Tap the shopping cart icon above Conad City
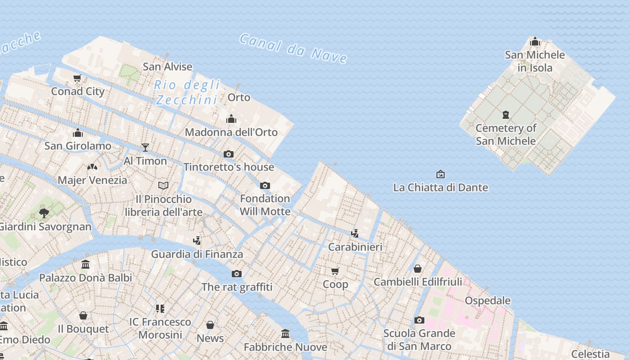pos(77,78)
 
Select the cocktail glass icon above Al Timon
pos(145,147)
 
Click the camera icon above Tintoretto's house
pos(229,154)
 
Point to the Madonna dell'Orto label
pos(231,132)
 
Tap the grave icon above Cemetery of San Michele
pos(506,115)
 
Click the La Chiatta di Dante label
pos(441,187)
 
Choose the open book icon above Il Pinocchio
pos(163,185)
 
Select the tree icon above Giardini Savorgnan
pos(44,213)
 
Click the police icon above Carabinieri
pos(355,233)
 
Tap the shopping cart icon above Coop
pos(335,271)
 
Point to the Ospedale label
pos(488,301)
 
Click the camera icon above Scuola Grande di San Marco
pos(419,320)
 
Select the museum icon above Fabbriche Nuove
pos(285,334)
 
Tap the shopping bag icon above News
pos(210,325)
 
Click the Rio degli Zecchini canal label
pos(187,92)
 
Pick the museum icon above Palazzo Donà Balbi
pos(85,264)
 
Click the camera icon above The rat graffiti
pos(237,274)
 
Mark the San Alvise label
pos(167,67)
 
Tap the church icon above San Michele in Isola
pos(535,42)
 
